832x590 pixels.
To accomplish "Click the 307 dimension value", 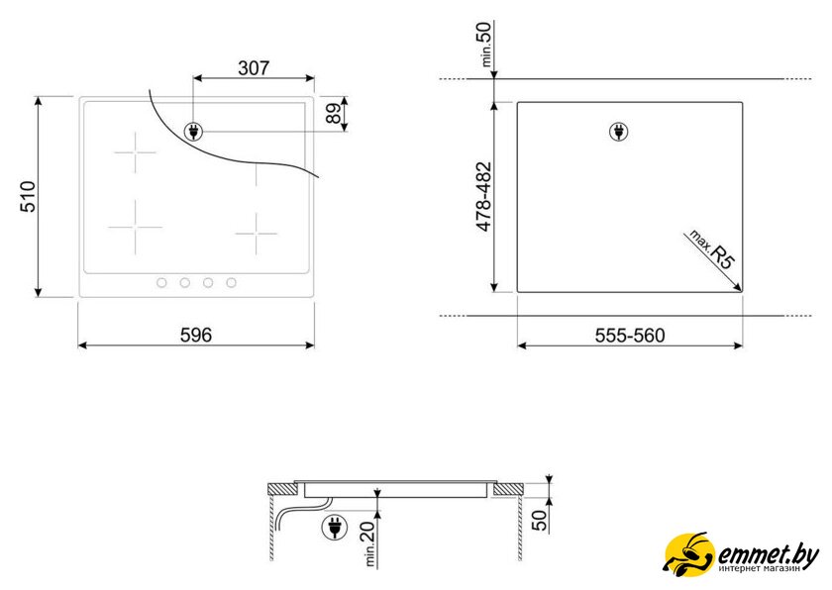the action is point(254,68).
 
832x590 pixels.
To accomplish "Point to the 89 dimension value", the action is point(334,114).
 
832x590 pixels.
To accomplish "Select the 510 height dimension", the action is point(28,197).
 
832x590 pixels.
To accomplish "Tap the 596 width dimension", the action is point(196,335).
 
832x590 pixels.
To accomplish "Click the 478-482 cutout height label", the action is point(484,197).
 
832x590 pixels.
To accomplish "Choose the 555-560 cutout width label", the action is point(630,336).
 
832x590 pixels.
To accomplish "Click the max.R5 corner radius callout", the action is point(712,249).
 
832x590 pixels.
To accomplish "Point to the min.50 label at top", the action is point(486,44).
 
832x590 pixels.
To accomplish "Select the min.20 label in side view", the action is point(369,543).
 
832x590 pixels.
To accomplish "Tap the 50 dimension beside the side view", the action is point(539,521).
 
